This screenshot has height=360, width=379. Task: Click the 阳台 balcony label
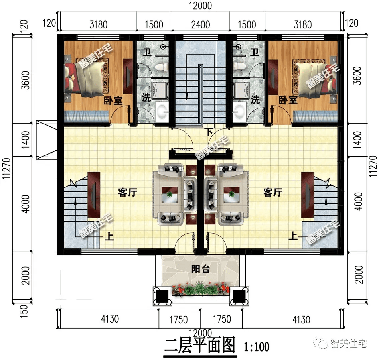pyautogui.click(x=201, y=269)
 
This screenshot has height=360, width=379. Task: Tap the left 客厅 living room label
pyautogui.click(x=128, y=193)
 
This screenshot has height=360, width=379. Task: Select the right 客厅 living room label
pyautogui.click(x=273, y=193)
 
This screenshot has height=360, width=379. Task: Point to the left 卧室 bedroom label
pyautogui.click(x=113, y=100)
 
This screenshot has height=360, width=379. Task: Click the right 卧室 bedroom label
pyautogui.click(x=288, y=100)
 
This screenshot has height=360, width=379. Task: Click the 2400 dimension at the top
pyautogui.click(x=200, y=25)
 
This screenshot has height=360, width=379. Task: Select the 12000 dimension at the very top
pyautogui.click(x=200, y=5)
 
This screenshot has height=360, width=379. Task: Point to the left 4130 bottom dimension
pyautogui.click(x=110, y=319)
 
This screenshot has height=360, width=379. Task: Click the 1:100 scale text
pyautogui.click(x=257, y=346)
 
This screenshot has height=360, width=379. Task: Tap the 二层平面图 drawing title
pyautogui.click(x=199, y=346)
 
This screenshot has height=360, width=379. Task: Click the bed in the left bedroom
pyautogui.click(x=85, y=77)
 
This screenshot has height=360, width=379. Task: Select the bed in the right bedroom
pyautogui.click(x=316, y=77)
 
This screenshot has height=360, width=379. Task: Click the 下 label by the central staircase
pyautogui.click(x=209, y=132)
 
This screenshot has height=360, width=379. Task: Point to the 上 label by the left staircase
pyautogui.click(x=109, y=236)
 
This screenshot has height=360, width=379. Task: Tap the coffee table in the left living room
pyautogui.click(x=170, y=194)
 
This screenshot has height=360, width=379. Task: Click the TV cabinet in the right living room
pyautogui.click(x=308, y=195)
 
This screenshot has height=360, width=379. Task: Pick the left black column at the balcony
pyautogui.click(x=162, y=296)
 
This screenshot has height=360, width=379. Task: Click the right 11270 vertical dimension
pyautogui.click(x=373, y=167)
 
